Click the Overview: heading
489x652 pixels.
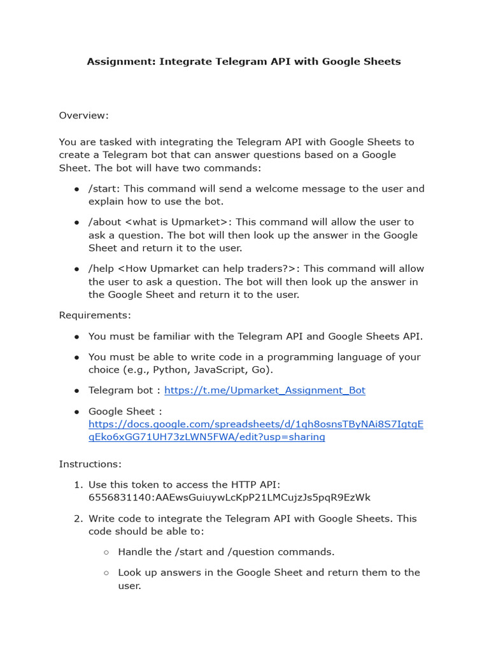84,115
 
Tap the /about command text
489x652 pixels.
104,222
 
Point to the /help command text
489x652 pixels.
102,269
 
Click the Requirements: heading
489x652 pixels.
95,315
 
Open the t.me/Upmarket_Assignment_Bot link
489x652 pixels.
265,390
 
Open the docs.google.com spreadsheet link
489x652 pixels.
255,430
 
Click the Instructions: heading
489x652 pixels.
90,464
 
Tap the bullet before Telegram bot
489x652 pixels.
76,390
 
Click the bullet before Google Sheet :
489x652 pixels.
76,411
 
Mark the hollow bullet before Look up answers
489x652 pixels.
106,572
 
